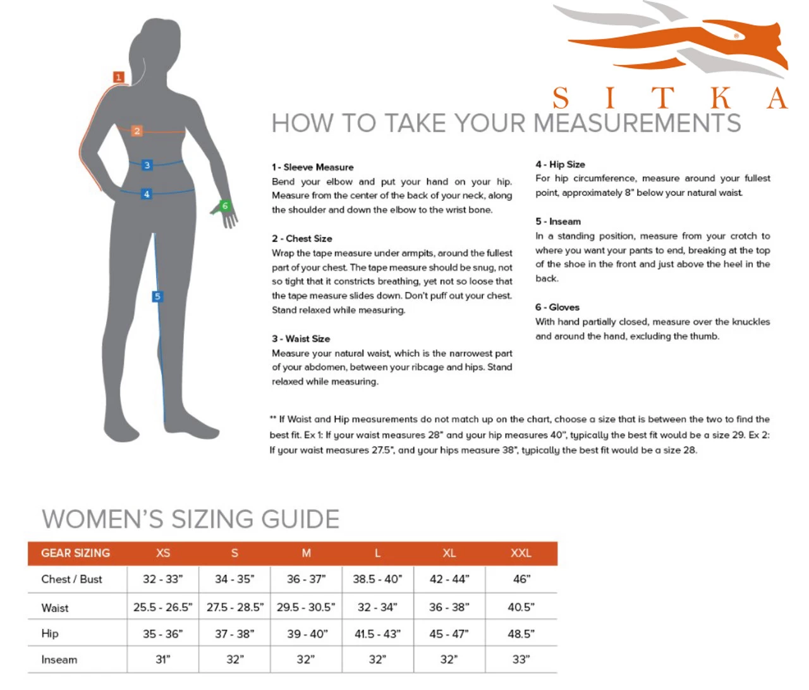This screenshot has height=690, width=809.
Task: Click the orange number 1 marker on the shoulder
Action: click(x=119, y=77)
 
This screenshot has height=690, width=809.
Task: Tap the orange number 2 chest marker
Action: click(x=137, y=131)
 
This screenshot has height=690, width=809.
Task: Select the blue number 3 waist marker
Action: click(x=147, y=165)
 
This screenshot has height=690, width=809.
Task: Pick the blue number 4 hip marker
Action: click(x=147, y=194)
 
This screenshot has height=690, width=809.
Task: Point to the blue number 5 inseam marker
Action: click(x=157, y=296)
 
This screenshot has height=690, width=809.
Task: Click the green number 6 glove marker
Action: click(x=224, y=205)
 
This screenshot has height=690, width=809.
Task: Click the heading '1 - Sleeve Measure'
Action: click(x=313, y=167)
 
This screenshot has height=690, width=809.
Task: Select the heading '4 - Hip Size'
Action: click(x=560, y=164)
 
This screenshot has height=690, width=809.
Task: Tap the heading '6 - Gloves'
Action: click(x=557, y=307)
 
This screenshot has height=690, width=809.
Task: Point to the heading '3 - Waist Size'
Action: click(x=301, y=339)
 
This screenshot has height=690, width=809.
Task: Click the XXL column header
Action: click(x=521, y=553)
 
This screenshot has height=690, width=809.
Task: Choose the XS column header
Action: click(x=163, y=553)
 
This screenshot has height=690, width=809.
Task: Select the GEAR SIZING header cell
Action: click(x=76, y=553)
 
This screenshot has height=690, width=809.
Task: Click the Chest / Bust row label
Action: click(x=71, y=579)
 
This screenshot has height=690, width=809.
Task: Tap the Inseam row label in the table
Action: click(x=59, y=660)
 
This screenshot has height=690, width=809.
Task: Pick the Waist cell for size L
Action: click(x=377, y=607)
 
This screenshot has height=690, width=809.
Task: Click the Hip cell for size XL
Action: click(x=449, y=634)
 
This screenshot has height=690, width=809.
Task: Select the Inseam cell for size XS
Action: click(x=163, y=660)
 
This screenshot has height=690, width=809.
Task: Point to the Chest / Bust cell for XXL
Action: click(x=521, y=579)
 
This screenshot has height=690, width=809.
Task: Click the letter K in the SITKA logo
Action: click(x=720, y=98)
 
